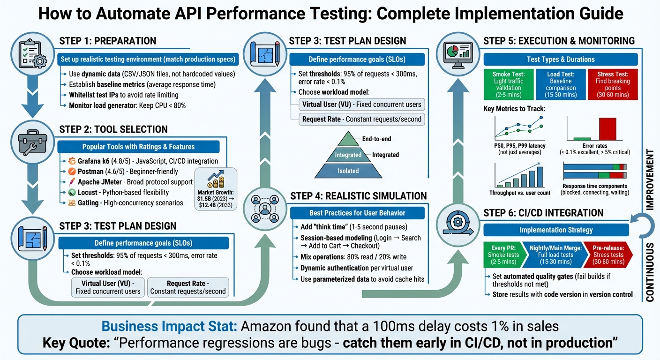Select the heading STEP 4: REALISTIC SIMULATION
[x=358, y=196]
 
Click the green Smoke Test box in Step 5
[x=508, y=84]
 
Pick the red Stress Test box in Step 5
[x=613, y=84]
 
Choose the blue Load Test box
[x=560, y=84]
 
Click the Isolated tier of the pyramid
[x=348, y=171]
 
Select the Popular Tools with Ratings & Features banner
[x=138, y=147]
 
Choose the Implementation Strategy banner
[x=556, y=230]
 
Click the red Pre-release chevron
[x=607, y=255]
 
